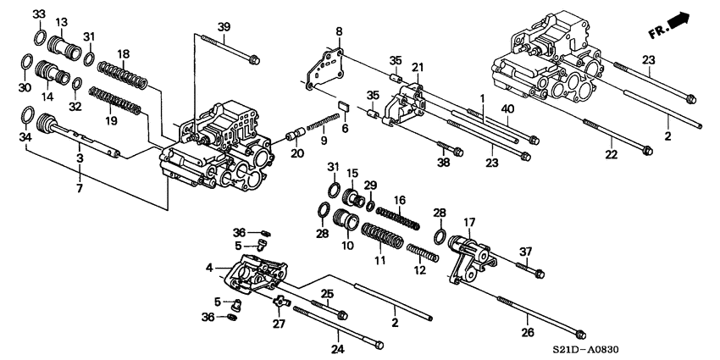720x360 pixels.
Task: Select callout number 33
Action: tap(39, 14)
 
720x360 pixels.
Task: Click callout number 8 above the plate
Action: tap(339, 32)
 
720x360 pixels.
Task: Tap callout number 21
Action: tap(417, 68)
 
